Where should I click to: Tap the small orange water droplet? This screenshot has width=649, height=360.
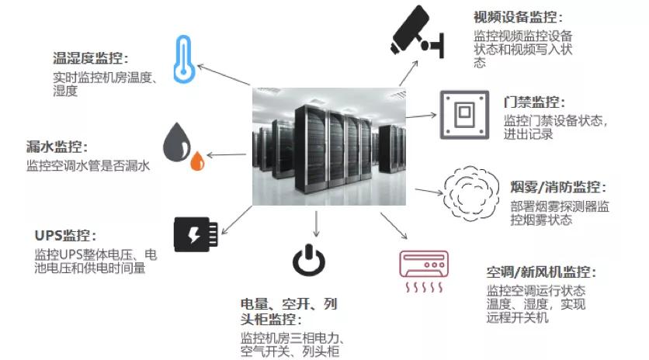click(x=198, y=161)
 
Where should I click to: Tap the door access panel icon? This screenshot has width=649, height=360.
click(x=463, y=114)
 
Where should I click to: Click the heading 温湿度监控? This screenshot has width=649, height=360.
click(x=89, y=58)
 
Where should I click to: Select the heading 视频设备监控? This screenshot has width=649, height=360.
click(x=517, y=17)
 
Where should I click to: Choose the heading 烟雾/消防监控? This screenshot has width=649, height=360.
click(x=558, y=189)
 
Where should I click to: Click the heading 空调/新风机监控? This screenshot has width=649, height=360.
click(x=541, y=272)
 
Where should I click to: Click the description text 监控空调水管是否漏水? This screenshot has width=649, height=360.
click(x=87, y=165)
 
